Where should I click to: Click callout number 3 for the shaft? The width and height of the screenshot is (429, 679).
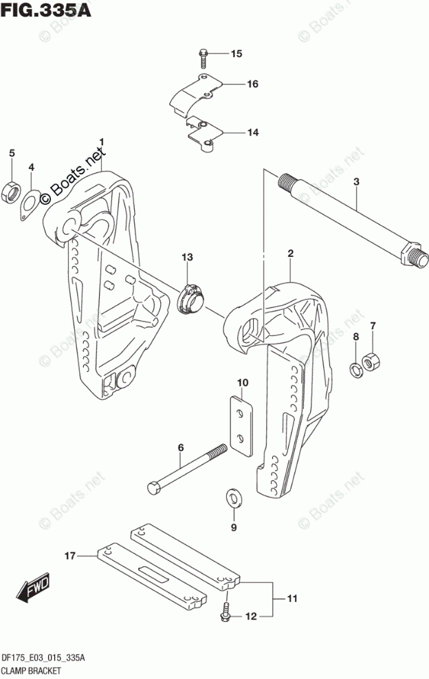point(357,182)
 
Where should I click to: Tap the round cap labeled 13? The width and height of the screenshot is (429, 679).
point(190,298)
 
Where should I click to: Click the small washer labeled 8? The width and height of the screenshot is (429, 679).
point(355,370)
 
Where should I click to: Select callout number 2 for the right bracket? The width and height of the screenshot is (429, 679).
point(291,254)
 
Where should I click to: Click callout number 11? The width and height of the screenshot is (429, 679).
point(291,600)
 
